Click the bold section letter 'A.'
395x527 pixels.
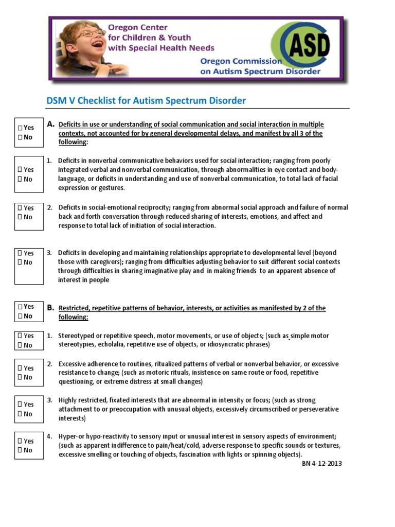pos(50,124)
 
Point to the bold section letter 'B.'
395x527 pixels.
pos(50,308)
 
